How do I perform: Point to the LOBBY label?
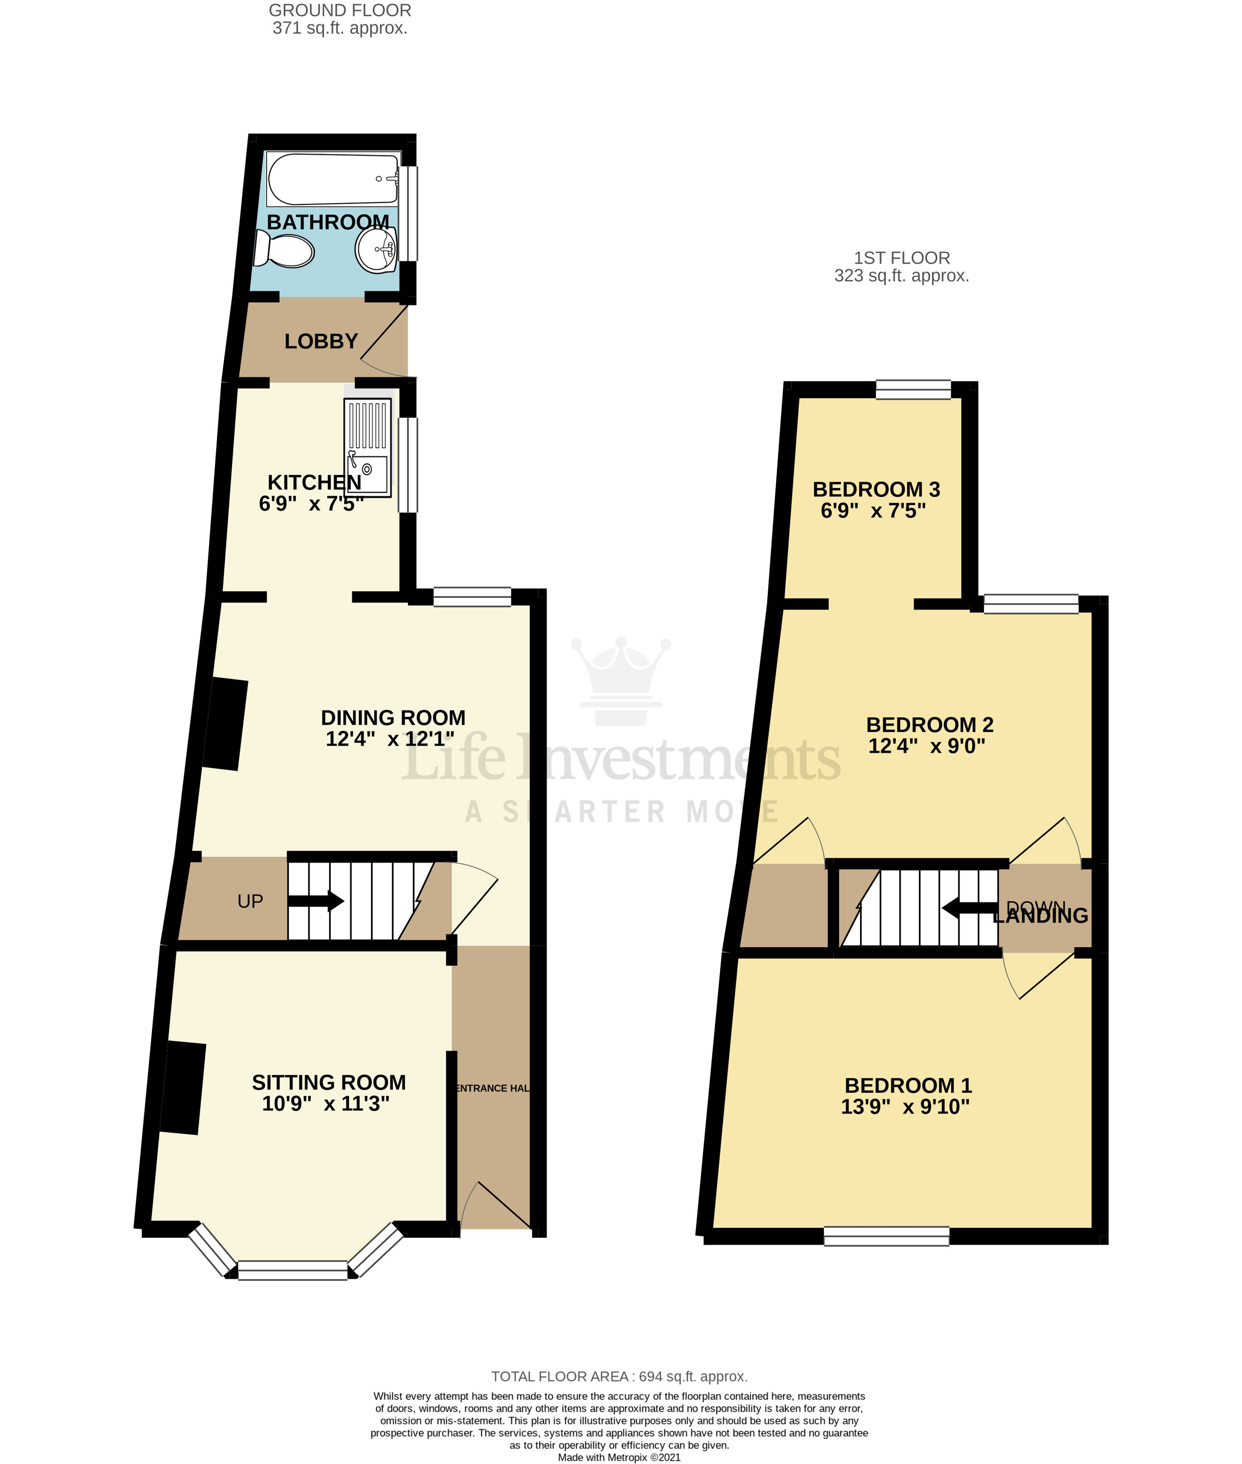tap(321, 342)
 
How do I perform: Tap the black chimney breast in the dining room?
tap(225, 724)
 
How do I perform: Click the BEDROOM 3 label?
tap(876, 490)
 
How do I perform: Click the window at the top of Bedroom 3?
tap(913, 389)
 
